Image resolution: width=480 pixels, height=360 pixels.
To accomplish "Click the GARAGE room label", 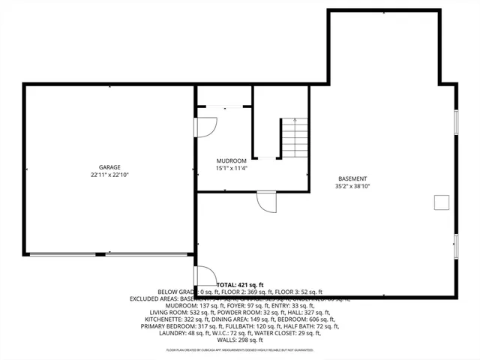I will [109, 167].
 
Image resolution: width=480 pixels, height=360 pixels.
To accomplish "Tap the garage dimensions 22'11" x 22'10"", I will [109, 175].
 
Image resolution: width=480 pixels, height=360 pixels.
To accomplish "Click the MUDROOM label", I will [231, 160].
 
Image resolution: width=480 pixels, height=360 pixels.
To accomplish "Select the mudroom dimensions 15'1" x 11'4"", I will [231, 168].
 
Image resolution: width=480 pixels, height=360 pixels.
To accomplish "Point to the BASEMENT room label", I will [352, 178].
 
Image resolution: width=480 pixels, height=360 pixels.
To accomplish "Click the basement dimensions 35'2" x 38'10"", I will [352, 186].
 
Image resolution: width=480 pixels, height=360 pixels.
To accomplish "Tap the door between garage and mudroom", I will [203, 126].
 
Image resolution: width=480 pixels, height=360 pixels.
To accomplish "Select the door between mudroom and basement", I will [266, 199].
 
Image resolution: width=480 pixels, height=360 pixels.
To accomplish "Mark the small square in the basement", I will [440, 202].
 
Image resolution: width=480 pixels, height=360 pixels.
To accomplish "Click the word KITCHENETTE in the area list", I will [163, 319].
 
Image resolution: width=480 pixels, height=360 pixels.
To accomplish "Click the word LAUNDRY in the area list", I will [174, 332].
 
